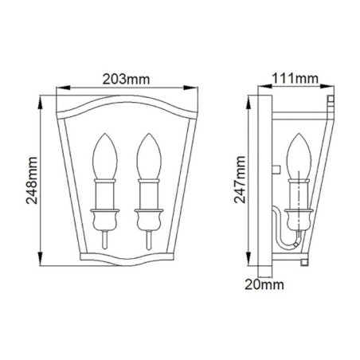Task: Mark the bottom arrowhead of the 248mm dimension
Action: pos(42,262)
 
